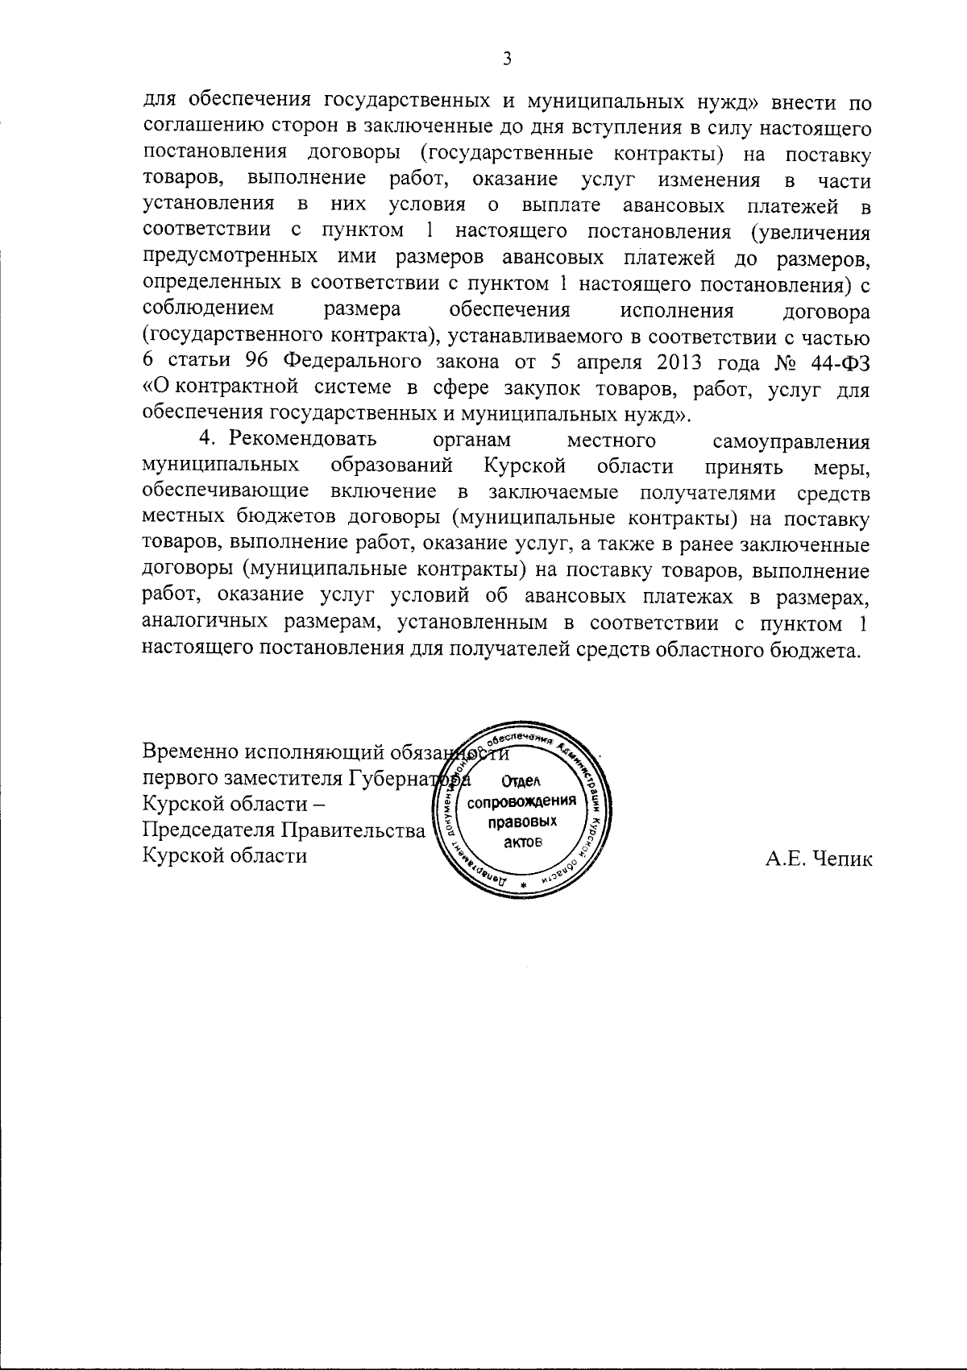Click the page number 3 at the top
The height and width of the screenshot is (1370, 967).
[x=507, y=58]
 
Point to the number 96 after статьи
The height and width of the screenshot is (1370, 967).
[x=255, y=361]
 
